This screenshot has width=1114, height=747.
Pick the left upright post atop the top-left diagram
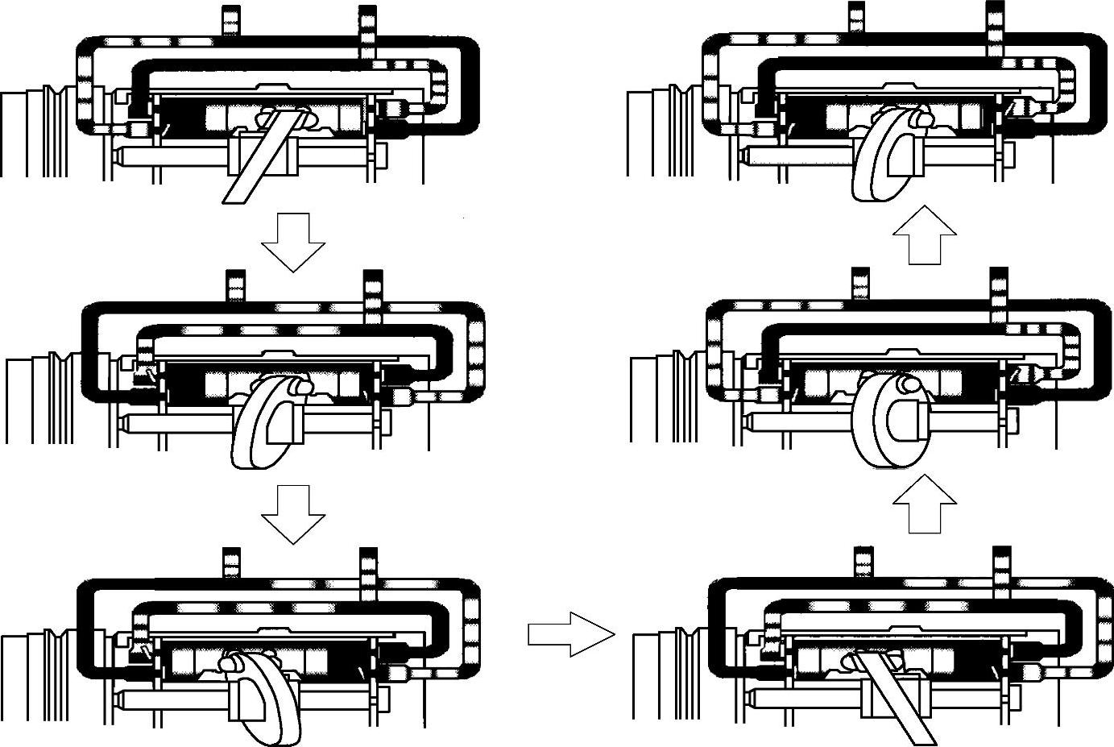(x=231, y=20)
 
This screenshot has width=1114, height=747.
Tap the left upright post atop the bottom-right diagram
(x=863, y=562)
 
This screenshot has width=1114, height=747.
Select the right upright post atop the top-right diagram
(x=996, y=24)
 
